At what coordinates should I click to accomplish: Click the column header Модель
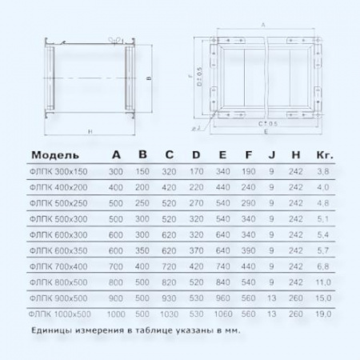coord(54,155)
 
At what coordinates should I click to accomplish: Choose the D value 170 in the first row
coord(195,172)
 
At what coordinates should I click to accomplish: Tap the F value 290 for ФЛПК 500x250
coord(249,203)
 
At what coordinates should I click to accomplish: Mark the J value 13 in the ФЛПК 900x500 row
coord(272,298)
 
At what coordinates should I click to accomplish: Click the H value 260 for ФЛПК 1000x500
coord(296,314)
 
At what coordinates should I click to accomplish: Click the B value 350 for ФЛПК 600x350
coord(142,250)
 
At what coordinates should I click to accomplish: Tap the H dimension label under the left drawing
coord(90,130)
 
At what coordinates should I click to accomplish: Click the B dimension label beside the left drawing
coord(149,79)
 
